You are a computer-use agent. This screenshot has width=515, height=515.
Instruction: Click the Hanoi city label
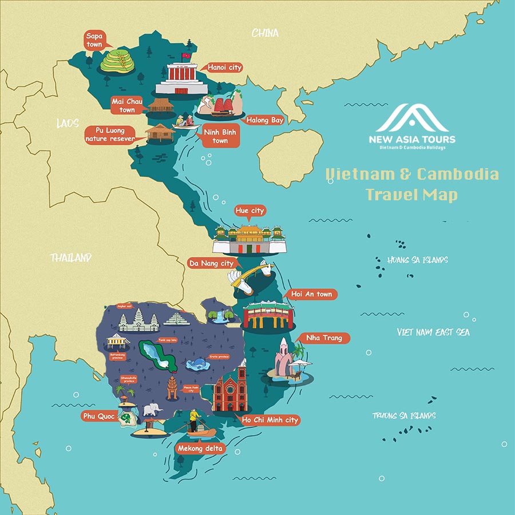224,68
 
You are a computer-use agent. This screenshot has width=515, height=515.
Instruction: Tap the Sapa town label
94,40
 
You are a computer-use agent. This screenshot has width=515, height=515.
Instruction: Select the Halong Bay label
265,120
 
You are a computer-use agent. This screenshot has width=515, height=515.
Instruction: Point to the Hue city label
249,211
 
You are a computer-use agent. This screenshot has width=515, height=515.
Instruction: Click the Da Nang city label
211,263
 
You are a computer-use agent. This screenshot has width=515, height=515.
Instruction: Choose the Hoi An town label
311,294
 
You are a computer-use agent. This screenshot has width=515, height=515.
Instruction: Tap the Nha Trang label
324,338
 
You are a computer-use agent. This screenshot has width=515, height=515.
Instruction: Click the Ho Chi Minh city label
270,420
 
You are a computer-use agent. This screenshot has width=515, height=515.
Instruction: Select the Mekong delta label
200,448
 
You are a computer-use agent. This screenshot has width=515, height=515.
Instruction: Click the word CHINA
265,33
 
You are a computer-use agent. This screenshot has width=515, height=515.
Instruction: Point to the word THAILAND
70,257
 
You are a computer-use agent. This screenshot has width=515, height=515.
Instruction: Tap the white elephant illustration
152,410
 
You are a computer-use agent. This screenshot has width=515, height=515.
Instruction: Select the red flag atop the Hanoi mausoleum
185,57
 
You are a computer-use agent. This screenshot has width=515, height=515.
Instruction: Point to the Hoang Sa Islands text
417,260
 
